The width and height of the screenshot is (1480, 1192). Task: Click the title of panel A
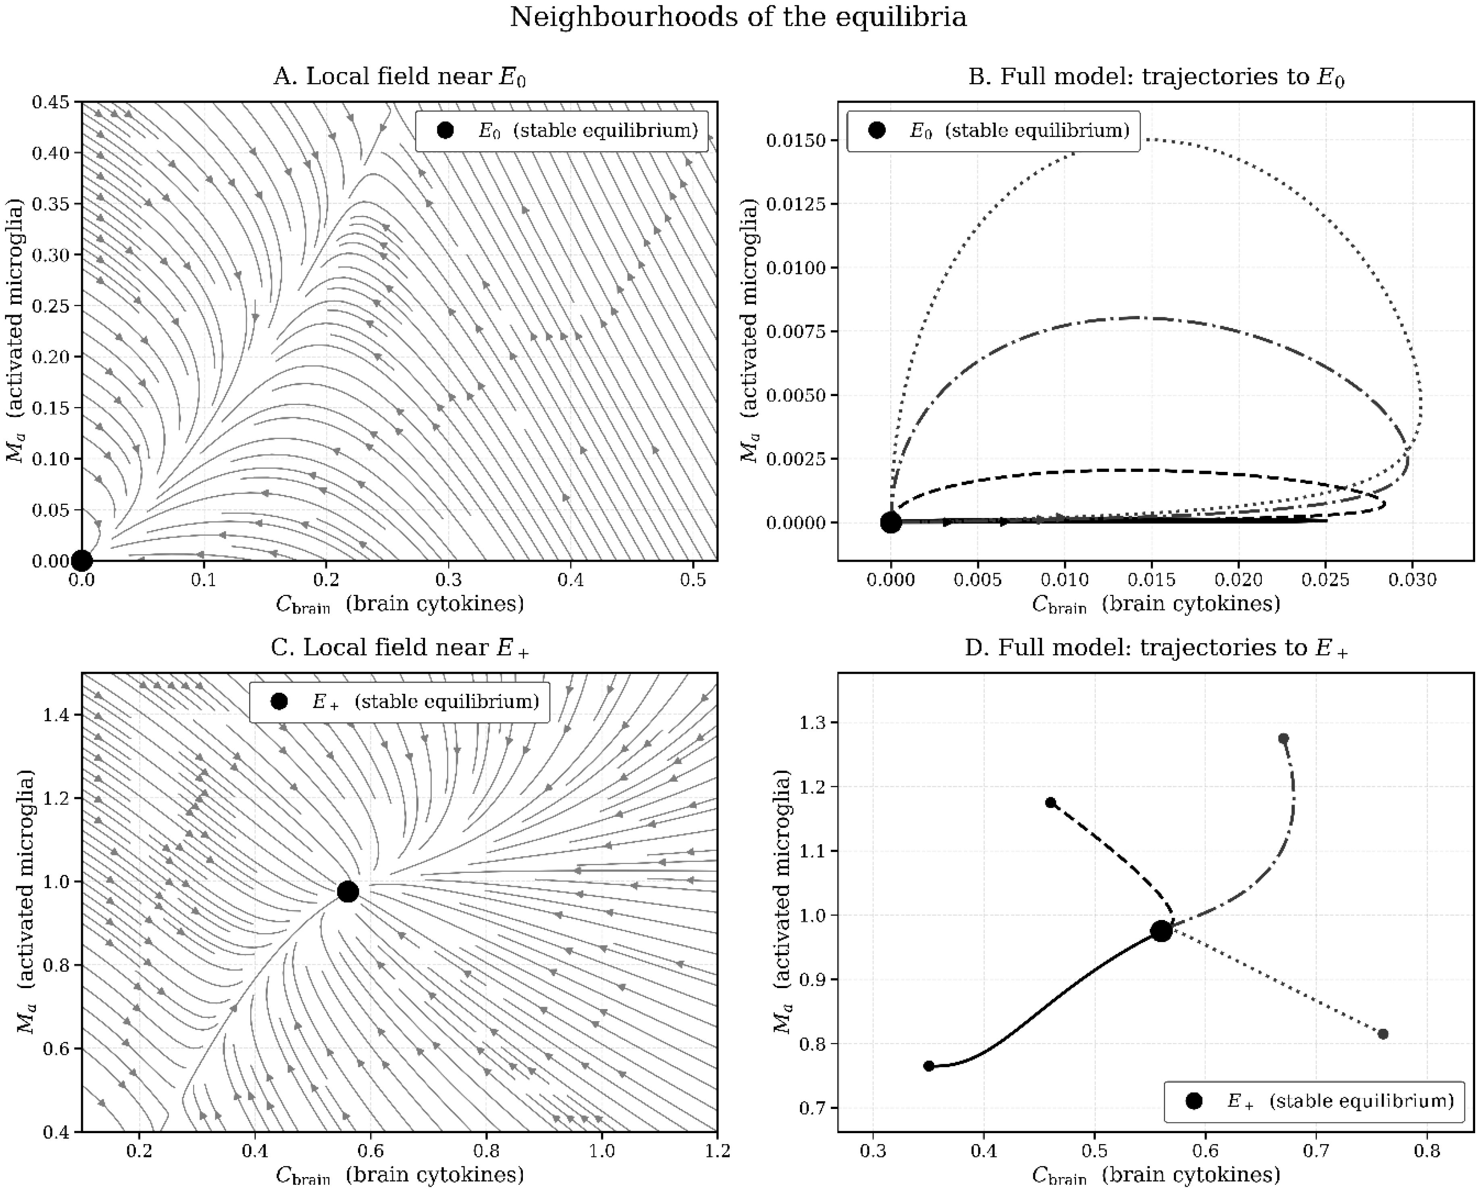click(400, 77)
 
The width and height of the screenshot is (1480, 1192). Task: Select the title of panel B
click(1156, 77)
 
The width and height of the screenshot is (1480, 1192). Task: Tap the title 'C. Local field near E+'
click(400, 648)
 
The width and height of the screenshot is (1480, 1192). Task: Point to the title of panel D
click(1156, 648)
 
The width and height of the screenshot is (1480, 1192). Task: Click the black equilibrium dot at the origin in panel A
click(82, 560)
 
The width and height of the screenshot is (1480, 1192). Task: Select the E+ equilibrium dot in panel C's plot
click(348, 891)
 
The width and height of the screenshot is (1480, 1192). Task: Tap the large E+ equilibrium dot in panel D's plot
click(1161, 931)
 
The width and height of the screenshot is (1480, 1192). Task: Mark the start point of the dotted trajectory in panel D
click(1383, 1034)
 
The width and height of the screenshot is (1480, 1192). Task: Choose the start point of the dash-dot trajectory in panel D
click(1283, 738)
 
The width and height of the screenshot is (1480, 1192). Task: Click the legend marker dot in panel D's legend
click(1194, 1101)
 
